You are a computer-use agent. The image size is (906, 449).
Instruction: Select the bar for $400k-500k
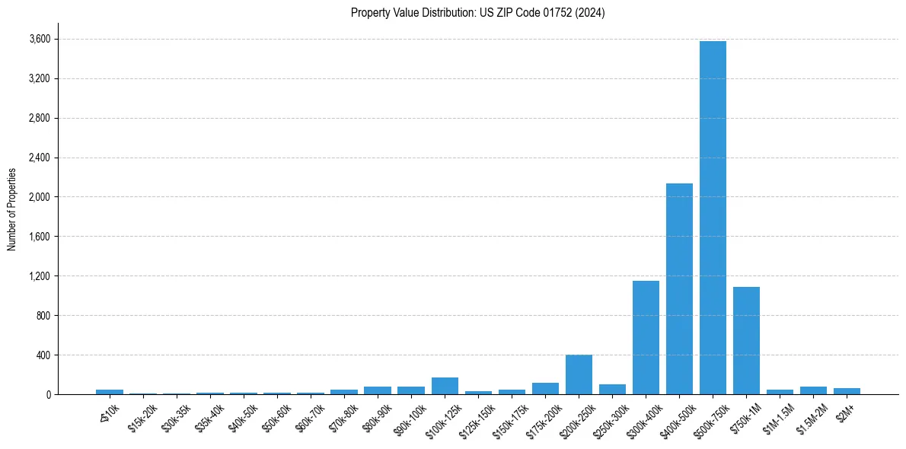[679, 289]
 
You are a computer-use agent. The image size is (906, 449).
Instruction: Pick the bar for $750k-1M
[746, 341]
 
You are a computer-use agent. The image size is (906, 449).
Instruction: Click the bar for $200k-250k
[579, 374]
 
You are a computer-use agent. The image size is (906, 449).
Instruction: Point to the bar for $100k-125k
[445, 386]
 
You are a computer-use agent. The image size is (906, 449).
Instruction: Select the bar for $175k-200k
[545, 389]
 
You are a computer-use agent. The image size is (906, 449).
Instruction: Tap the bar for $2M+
[847, 391]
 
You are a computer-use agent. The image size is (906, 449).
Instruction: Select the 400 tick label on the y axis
[44, 355]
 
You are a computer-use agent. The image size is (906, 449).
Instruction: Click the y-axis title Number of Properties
[11, 209]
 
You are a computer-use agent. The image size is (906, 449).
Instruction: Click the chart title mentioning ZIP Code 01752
[477, 13]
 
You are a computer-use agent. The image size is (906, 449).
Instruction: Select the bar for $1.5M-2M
[813, 390]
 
